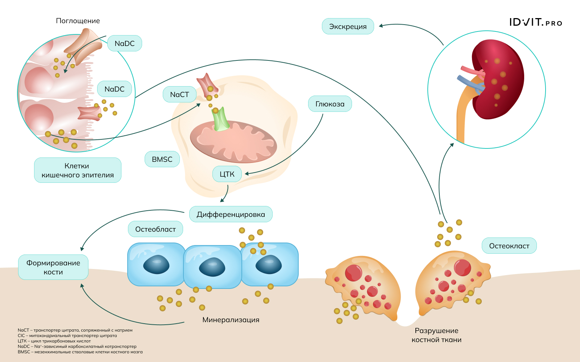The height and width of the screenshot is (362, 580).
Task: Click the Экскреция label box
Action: [x=348, y=26]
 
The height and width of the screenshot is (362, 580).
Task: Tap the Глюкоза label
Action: [x=330, y=104]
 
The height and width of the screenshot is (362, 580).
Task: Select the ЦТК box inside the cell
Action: [x=227, y=174]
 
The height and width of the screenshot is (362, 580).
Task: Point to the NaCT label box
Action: [x=179, y=94]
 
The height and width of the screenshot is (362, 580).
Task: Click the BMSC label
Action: [x=162, y=159]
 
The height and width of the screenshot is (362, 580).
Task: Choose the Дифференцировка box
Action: [x=231, y=214]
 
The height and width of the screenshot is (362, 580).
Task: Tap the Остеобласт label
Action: [x=155, y=229]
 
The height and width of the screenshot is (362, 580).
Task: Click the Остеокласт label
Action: [x=509, y=246]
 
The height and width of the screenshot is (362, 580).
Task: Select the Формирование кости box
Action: [x=53, y=268]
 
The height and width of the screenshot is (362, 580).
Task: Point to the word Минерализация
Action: [x=231, y=320]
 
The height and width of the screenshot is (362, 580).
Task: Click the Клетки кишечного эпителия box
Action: [x=78, y=170]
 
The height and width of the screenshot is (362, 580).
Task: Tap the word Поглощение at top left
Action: [x=78, y=21]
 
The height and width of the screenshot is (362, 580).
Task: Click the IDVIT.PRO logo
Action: [x=535, y=22]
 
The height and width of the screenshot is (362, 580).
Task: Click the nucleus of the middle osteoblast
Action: [x=212, y=267]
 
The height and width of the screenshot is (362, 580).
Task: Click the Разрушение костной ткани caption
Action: [x=436, y=335]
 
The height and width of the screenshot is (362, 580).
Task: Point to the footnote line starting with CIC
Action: [x=67, y=336]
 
